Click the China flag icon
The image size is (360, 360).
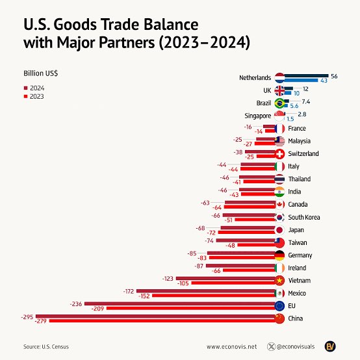(x=279, y=318)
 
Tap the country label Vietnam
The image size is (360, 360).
(x=300, y=281)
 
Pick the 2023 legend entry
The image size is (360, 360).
(x=35, y=96)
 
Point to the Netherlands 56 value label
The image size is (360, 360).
(x=334, y=76)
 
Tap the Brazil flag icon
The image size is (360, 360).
(x=279, y=103)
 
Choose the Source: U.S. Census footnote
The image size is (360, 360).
(x=46, y=346)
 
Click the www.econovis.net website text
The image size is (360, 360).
(x=232, y=346)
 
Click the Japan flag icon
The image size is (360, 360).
(x=279, y=230)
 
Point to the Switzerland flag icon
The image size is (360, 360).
(x=279, y=154)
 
